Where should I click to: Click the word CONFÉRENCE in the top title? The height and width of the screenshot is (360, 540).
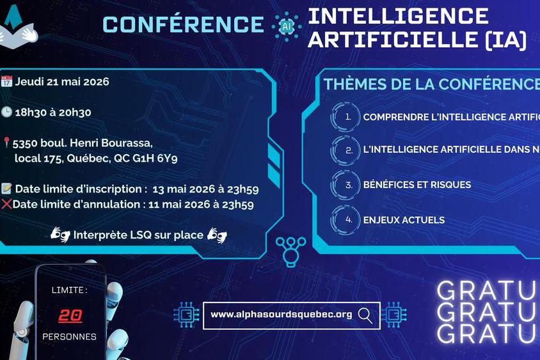(183, 24)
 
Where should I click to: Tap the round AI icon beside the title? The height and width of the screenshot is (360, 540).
(286, 26)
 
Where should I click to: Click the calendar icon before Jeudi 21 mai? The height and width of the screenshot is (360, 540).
(7, 81)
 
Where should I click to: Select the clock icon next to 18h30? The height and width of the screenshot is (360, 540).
(7, 112)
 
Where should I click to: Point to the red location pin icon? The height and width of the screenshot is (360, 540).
(6, 143)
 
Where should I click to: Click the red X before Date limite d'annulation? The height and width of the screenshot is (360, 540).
(7, 205)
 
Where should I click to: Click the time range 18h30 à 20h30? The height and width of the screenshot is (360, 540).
(54, 113)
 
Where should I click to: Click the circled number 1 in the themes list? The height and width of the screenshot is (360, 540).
(348, 117)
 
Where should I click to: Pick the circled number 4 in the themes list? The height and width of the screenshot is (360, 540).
(348, 220)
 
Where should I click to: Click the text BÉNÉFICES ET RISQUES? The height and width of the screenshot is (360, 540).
(417, 185)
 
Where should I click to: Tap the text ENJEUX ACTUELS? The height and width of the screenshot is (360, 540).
(404, 220)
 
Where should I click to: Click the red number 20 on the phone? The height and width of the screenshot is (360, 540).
(70, 315)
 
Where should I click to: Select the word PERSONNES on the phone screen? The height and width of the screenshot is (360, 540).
(70, 336)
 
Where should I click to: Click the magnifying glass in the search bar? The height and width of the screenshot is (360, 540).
(366, 314)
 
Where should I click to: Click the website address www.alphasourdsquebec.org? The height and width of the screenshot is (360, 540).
(282, 314)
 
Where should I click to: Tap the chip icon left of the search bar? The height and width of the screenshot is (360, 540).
(186, 315)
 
